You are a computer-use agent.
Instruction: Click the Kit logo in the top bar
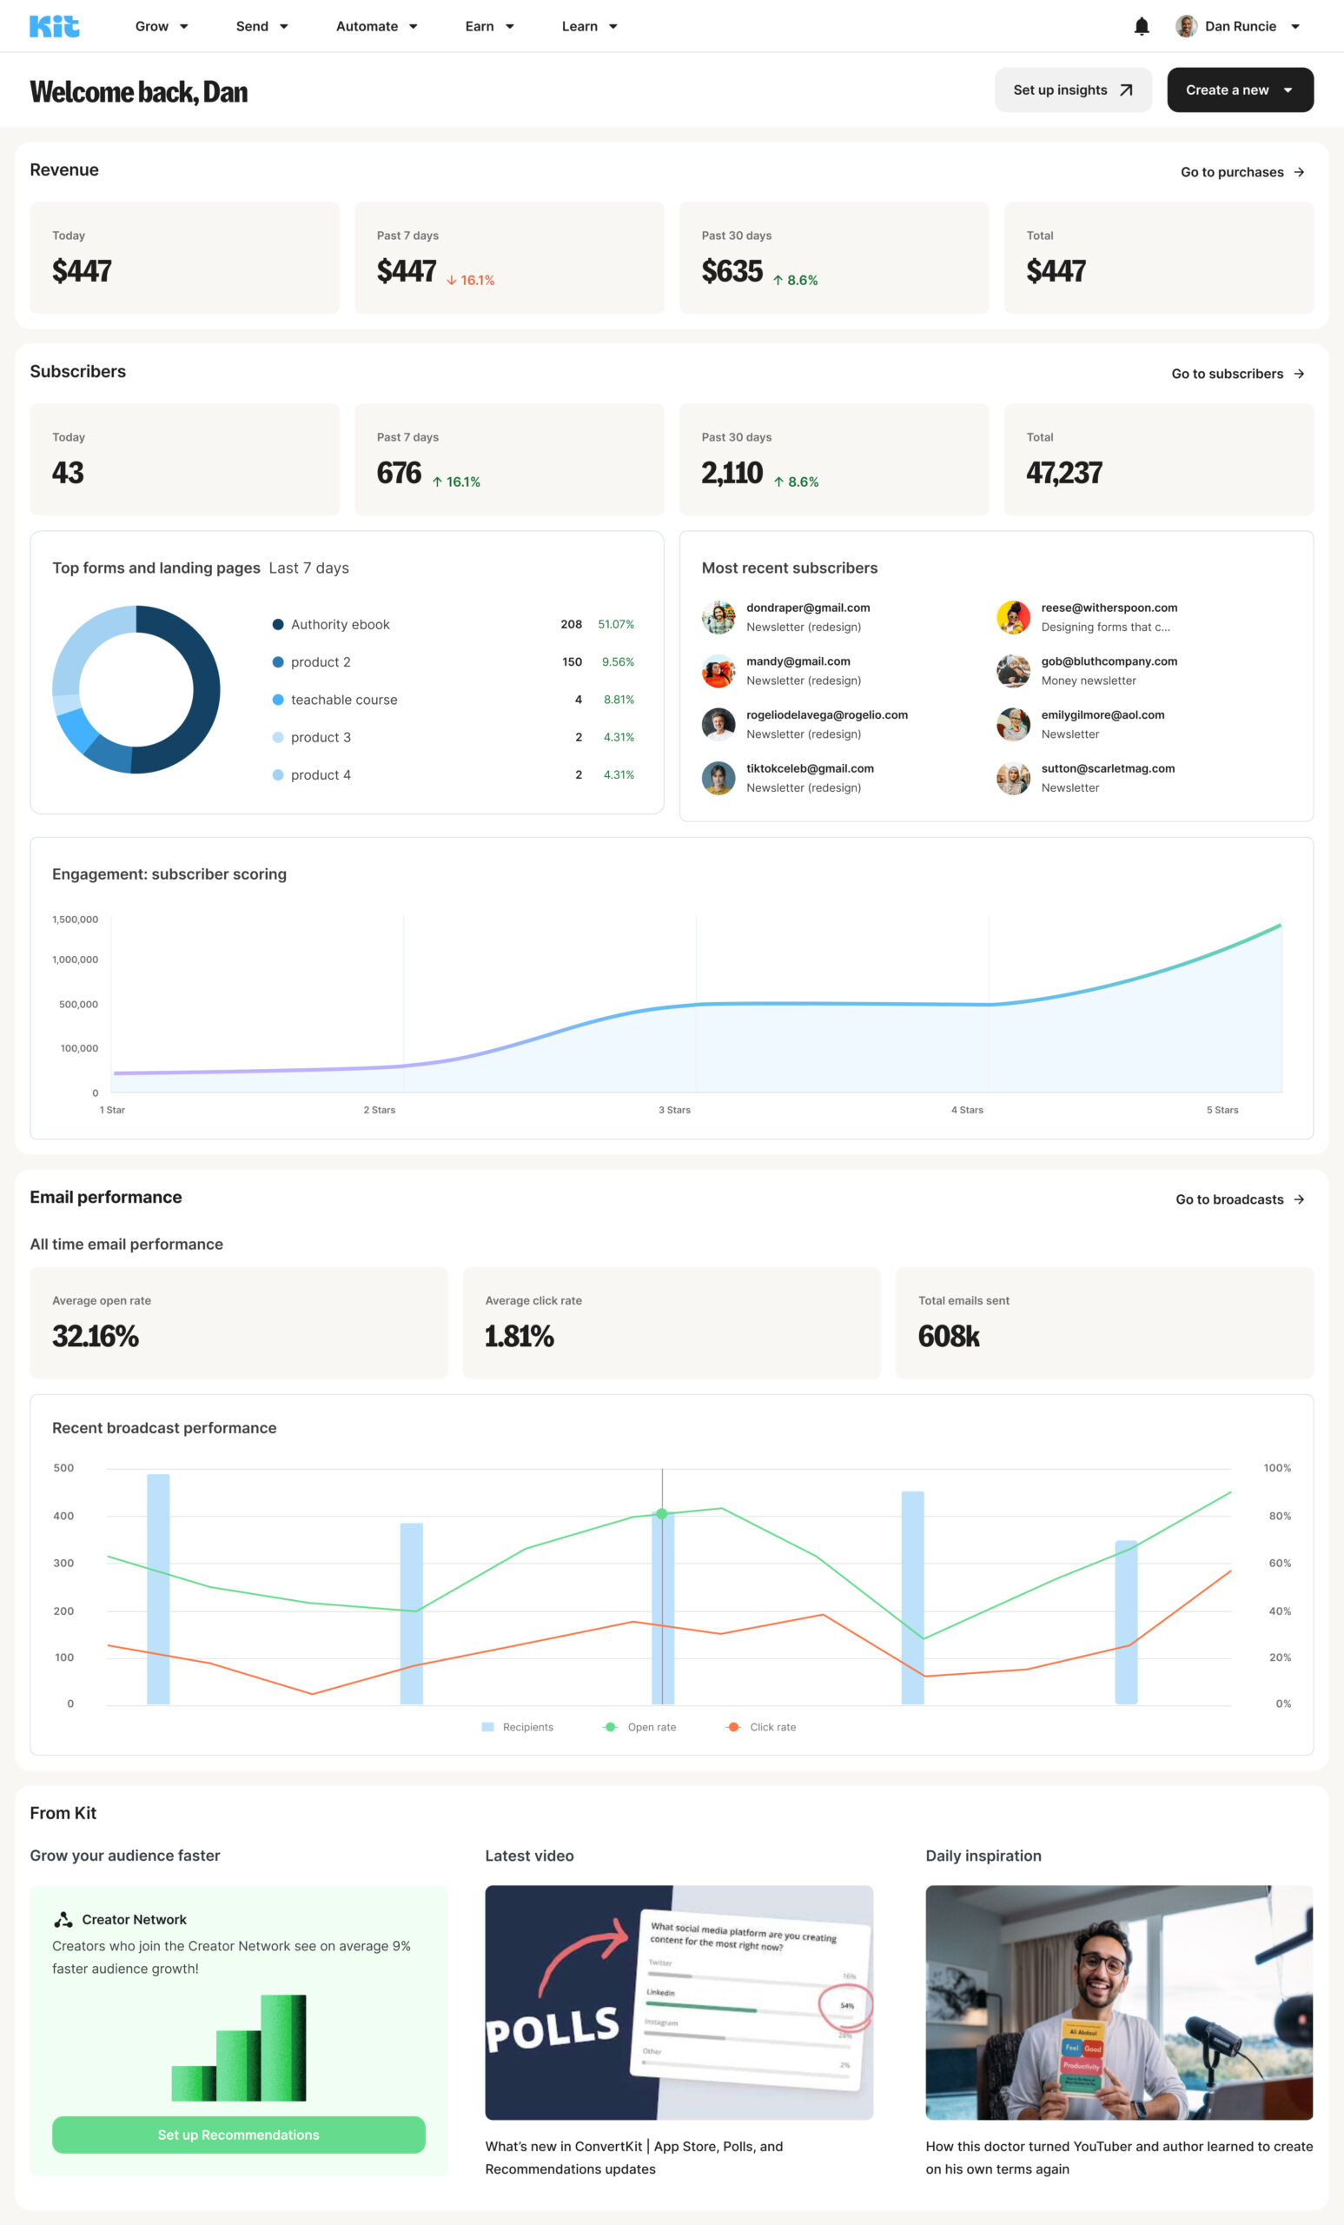click(54, 26)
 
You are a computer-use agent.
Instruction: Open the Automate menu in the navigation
click(375, 26)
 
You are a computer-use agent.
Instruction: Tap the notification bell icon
click(1141, 26)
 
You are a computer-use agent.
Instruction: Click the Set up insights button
click(1072, 90)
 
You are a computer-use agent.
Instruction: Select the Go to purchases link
click(1241, 171)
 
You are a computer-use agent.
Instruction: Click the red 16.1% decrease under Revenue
click(470, 280)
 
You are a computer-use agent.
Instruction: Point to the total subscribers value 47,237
click(1063, 472)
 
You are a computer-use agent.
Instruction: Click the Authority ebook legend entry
click(340, 624)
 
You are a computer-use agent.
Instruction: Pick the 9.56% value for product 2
click(618, 662)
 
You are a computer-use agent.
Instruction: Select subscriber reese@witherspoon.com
click(1109, 608)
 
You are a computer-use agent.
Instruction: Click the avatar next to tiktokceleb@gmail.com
click(718, 778)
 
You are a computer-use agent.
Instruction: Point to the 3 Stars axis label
click(674, 1110)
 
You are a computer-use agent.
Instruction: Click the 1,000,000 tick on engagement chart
click(75, 959)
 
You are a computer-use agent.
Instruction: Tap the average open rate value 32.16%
click(95, 1336)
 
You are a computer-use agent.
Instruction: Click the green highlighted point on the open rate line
click(662, 1513)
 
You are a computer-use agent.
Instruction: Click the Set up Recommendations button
click(238, 2135)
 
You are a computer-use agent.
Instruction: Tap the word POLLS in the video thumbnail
click(553, 2029)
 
